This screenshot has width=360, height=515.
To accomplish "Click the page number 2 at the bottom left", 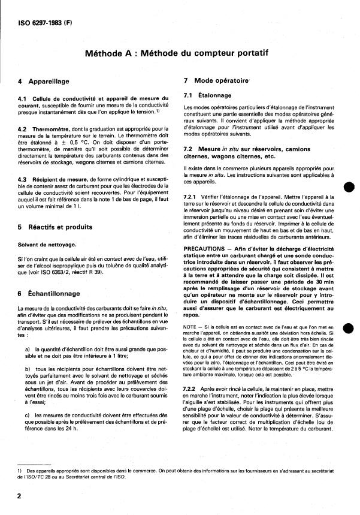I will [20, 496].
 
